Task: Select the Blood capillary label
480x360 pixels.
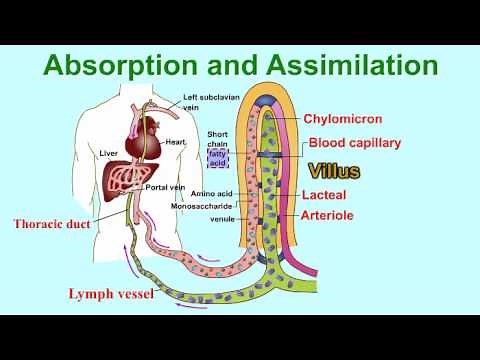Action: [355, 143]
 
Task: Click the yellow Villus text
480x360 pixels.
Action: [335, 170]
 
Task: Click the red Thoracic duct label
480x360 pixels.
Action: [52, 224]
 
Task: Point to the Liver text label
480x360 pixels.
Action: [111, 154]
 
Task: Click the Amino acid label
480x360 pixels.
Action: [212, 194]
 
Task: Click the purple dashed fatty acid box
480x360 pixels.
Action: [218, 155]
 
